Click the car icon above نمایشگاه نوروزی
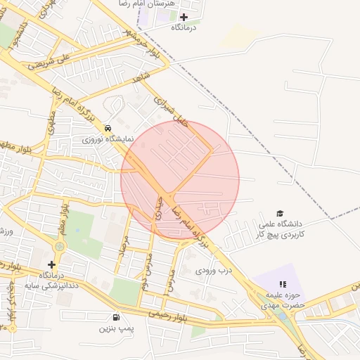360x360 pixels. (107, 129)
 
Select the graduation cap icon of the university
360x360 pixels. (280, 213)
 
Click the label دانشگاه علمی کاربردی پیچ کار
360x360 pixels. (281, 228)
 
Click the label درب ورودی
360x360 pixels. (214, 269)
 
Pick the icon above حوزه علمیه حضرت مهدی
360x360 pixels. (283, 284)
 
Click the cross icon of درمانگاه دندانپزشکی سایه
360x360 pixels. (51, 264)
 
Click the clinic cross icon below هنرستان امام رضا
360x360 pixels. (184, 17)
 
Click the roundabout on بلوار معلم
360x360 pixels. (59, 246)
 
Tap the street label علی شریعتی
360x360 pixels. (51, 63)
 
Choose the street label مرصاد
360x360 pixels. (124, 243)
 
